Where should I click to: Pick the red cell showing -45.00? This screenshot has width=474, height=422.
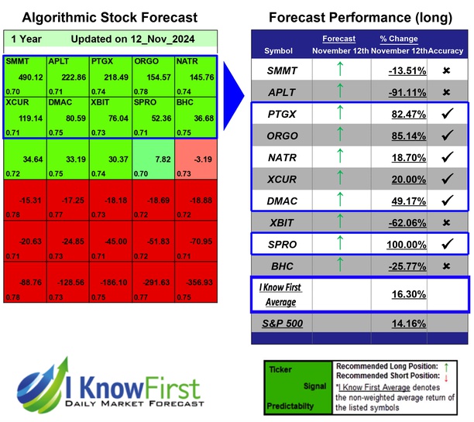click(x=111, y=242)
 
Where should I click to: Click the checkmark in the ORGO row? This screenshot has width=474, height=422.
click(x=447, y=136)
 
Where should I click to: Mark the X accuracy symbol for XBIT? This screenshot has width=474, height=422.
click(x=447, y=222)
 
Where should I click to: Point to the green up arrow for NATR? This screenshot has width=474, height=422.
click(x=338, y=157)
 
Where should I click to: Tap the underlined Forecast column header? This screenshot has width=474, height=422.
click(x=338, y=39)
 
